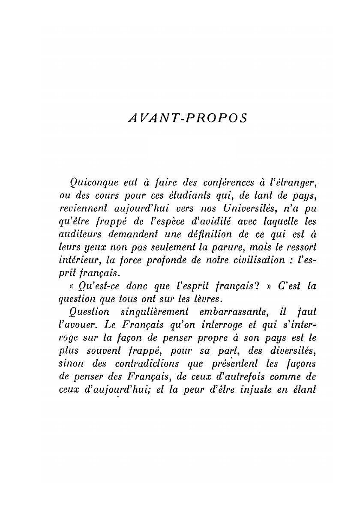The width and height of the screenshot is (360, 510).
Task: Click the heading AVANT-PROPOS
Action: tap(187, 118)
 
